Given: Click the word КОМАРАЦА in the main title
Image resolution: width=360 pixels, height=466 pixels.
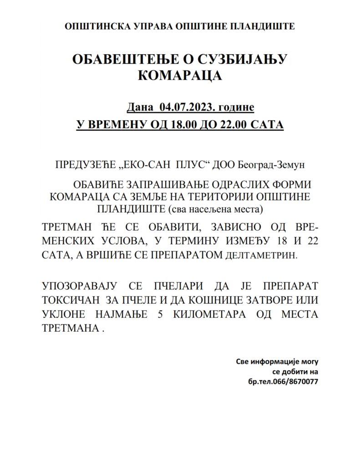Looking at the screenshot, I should click(180, 75).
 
